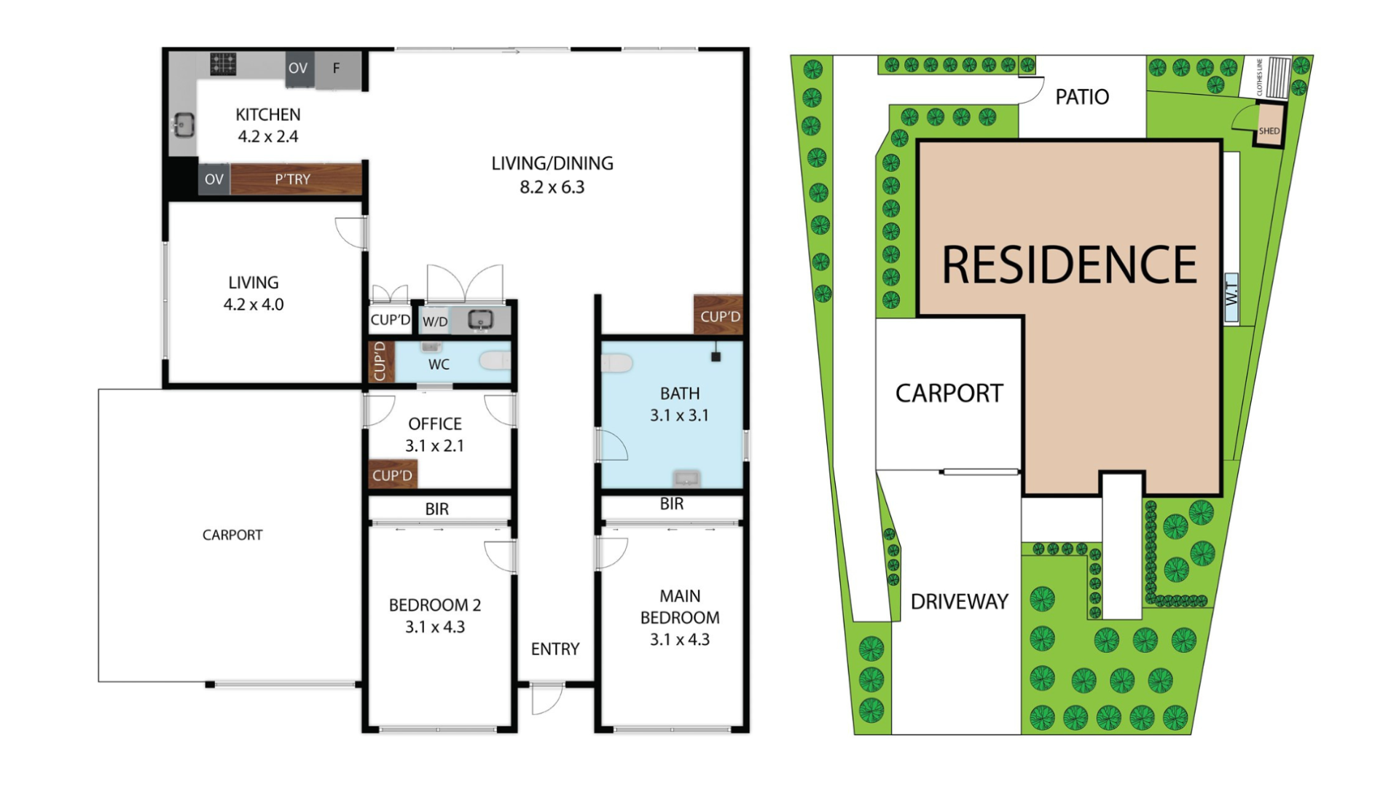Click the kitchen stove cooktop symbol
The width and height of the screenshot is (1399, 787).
click(x=223, y=64)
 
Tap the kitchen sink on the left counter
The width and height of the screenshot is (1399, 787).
click(x=183, y=125)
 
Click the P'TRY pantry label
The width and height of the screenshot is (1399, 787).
click(x=292, y=179)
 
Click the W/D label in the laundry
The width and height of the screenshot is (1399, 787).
click(x=435, y=321)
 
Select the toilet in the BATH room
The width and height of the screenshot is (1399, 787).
click(x=616, y=363)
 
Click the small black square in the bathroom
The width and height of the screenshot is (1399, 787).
click(x=716, y=357)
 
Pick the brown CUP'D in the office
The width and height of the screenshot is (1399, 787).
click(x=393, y=475)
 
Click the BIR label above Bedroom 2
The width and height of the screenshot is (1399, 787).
click(x=437, y=509)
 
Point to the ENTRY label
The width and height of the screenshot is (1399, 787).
click(x=555, y=649)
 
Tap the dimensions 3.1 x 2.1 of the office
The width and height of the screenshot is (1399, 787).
click(x=435, y=446)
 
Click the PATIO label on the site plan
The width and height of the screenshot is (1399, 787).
click(x=1082, y=97)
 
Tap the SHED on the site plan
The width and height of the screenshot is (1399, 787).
click(x=1269, y=125)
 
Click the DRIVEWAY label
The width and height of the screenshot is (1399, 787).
click(x=960, y=602)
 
